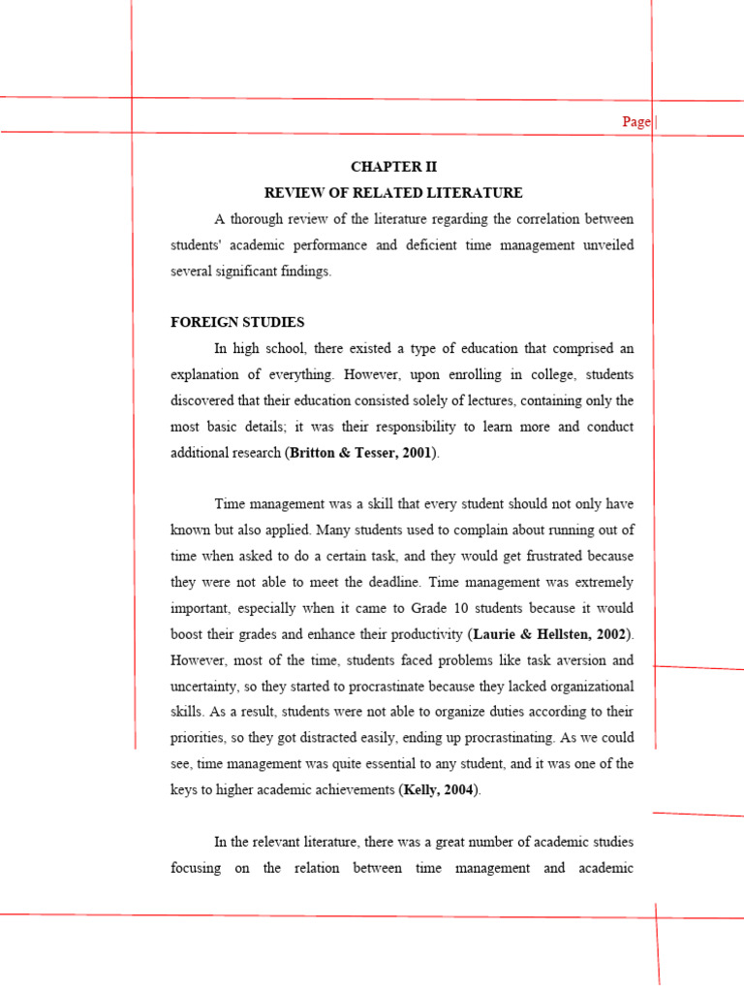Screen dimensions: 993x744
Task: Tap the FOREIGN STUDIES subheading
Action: click(x=237, y=322)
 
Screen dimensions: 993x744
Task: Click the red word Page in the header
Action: click(x=636, y=122)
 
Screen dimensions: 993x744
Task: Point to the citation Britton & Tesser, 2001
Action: click(x=360, y=453)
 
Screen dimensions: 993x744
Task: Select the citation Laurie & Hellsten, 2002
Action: click(x=550, y=634)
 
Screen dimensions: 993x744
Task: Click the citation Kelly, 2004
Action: click(x=439, y=790)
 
